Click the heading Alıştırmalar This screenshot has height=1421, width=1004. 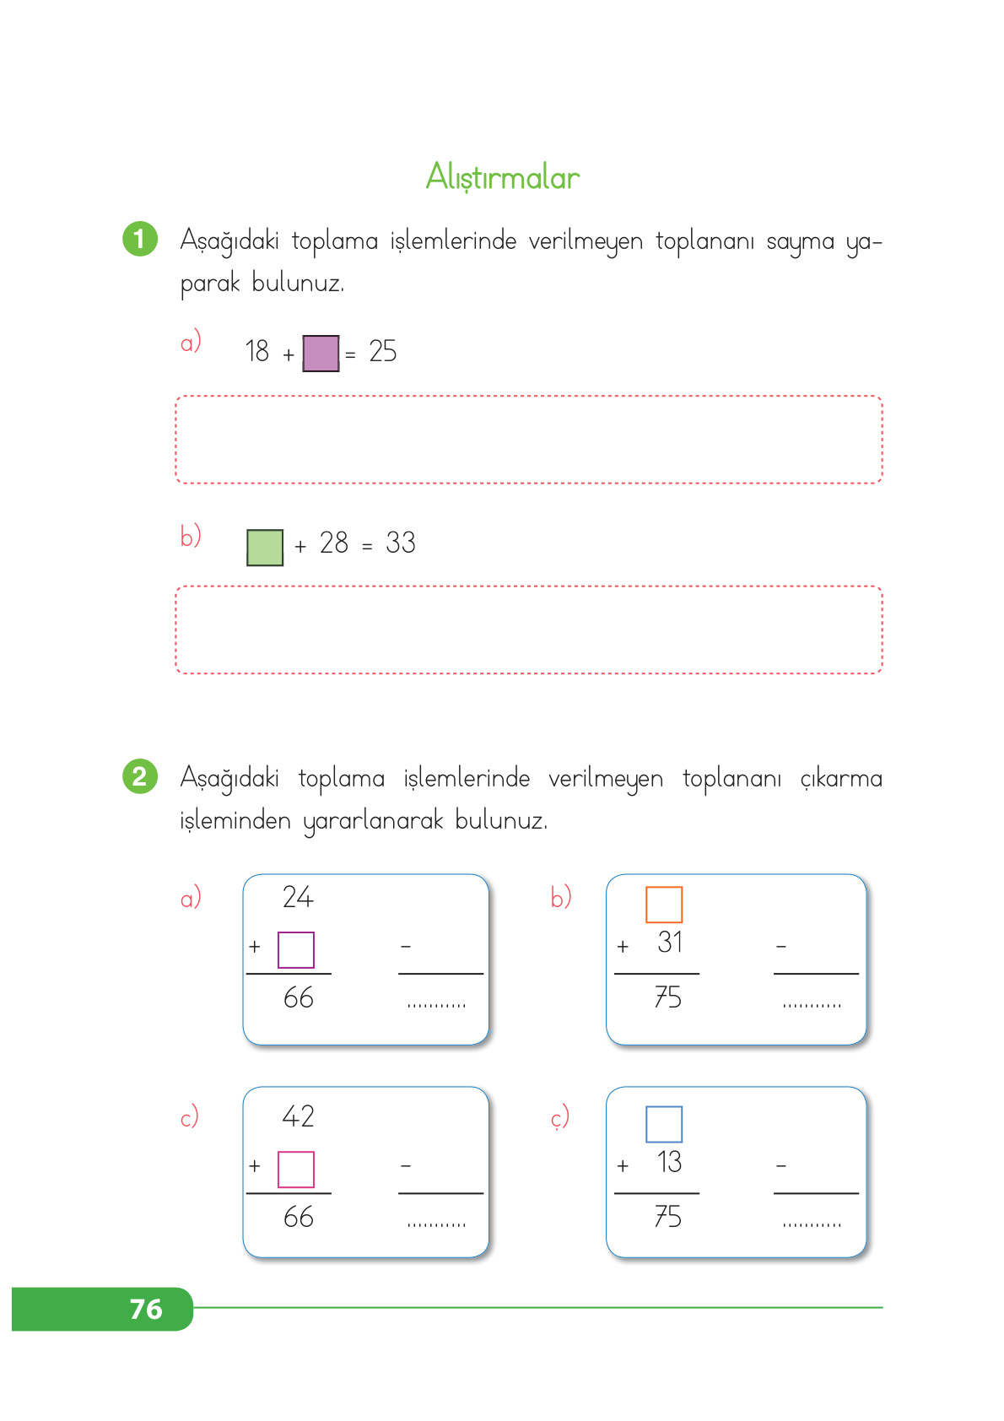(503, 177)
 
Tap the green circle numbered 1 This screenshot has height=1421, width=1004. (140, 239)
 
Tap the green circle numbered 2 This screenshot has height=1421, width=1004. (140, 776)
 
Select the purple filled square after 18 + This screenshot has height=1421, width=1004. (321, 353)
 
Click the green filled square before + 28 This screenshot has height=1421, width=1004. (265, 548)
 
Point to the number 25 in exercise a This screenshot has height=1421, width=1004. (382, 351)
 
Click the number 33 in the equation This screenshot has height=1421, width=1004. (401, 543)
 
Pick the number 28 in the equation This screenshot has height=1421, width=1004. (334, 543)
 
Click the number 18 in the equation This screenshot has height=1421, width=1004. (256, 351)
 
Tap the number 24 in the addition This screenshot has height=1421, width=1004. (298, 897)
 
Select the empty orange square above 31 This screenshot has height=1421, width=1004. (664, 905)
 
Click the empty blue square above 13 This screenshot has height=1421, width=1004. (664, 1124)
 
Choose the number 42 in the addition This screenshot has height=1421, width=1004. (298, 1116)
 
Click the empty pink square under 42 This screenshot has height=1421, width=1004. (296, 1170)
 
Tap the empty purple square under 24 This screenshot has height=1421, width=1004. (296, 950)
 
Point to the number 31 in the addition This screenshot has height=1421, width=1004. (670, 943)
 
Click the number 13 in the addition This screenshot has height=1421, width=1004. (670, 1162)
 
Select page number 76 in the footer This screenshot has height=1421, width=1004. (146, 1309)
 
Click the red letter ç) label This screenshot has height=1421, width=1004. (560, 1117)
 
